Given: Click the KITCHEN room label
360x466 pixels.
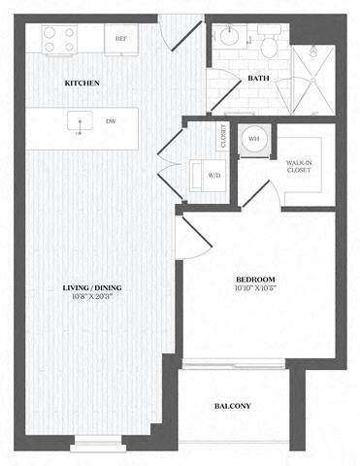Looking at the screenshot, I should click(x=82, y=84).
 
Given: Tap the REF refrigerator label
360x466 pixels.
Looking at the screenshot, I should click(x=121, y=39).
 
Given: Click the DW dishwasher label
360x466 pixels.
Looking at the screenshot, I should click(x=110, y=122).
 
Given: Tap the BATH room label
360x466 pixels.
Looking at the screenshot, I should click(x=257, y=78).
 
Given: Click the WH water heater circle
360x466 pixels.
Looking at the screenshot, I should click(x=255, y=139).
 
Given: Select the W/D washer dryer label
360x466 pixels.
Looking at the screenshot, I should click(x=214, y=176).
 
